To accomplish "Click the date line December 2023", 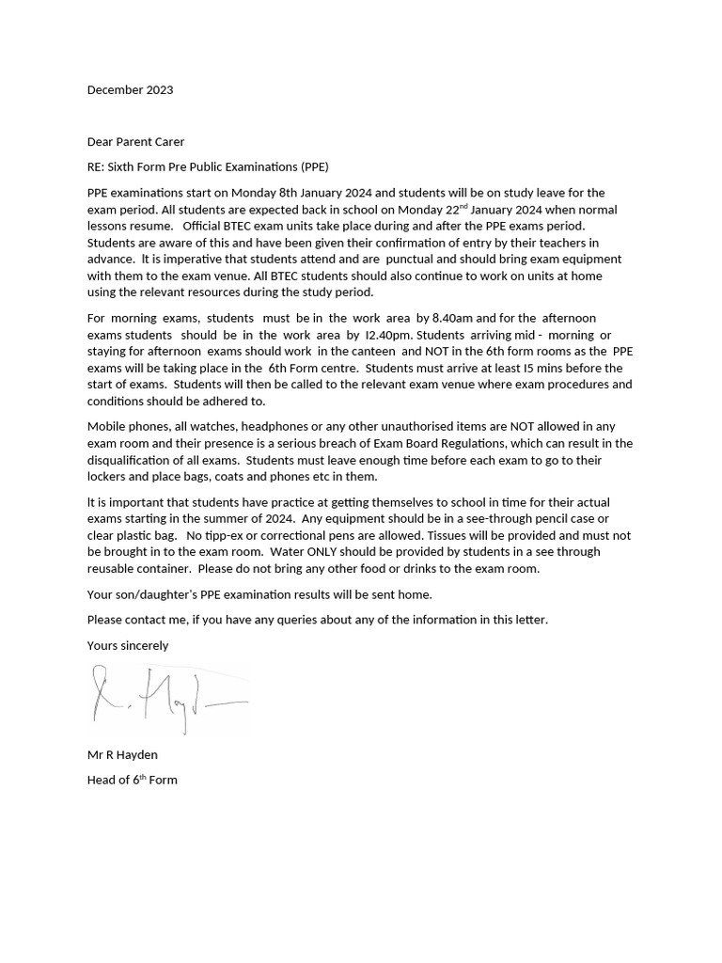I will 130,90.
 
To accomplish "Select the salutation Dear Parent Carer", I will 135,142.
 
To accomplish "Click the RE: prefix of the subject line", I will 98,167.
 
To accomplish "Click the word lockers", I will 109,477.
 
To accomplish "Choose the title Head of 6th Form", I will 132,780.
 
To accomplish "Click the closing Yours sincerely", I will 128,646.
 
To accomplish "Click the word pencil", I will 539,519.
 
